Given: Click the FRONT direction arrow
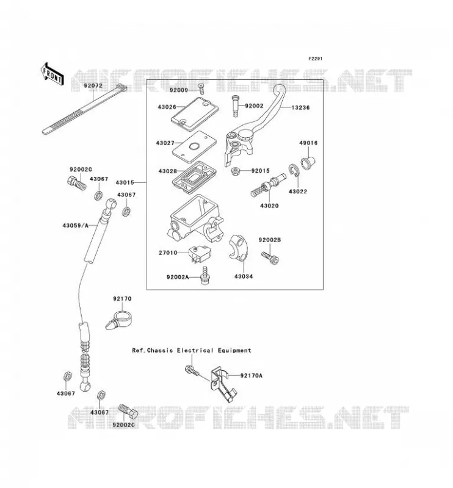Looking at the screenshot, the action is [52, 74].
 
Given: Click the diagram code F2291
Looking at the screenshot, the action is [315, 59].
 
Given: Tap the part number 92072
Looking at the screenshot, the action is [93, 85].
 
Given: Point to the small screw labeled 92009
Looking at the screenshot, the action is [201, 88].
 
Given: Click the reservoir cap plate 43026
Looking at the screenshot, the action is [195, 113].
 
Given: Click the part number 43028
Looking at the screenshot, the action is [168, 171].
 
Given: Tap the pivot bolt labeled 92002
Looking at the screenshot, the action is [236, 106].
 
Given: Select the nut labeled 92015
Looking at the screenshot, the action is [236, 171].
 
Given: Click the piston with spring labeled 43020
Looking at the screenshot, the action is [268, 185].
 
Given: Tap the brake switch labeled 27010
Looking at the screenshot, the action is [200, 254].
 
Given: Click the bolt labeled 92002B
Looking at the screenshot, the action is [270, 258].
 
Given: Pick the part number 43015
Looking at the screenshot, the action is [125, 182].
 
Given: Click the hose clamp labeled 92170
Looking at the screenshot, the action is [118, 320].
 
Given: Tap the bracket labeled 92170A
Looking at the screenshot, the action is [223, 385].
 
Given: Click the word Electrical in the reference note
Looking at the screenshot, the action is [195, 350].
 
